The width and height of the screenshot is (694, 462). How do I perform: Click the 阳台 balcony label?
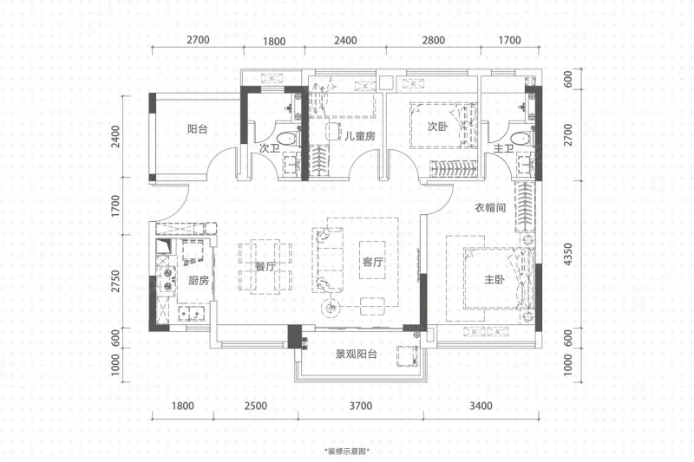pyautogui.click(x=198, y=129)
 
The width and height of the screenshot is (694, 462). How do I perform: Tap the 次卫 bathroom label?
pyautogui.click(x=269, y=148)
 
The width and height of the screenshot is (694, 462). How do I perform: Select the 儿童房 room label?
pyautogui.click(x=360, y=136)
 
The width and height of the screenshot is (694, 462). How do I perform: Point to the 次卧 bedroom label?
pyautogui.click(x=438, y=127)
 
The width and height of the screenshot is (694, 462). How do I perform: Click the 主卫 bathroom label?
pyautogui.click(x=503, y=148)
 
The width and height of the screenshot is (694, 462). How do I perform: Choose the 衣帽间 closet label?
pyautogui.click(x=490, y=207)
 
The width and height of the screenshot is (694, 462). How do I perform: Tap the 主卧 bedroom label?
pyautogui.click(x=494, y=279)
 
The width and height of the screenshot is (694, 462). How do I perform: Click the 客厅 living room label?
pyautogui.click(x=373, y=262)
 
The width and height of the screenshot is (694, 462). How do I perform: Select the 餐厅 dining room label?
pyautogui.click(x=265, y=267)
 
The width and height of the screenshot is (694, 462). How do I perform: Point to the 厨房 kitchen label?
pyautogui.click(x=199, y=280)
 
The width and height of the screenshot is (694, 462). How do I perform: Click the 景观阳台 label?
pyautogui.click(x=357, y=354)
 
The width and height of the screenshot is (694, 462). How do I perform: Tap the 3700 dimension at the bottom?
pyautogui.click(x=361, y=406)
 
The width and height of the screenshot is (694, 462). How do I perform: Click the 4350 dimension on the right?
pyautogui.click(x=568, y=254)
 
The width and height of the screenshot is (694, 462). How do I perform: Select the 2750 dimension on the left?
pyautogui.click(x=116, y=281)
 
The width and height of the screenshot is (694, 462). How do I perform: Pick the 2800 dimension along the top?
pyautogui.click(x=433, y=40)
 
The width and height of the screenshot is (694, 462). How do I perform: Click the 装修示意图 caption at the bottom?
pyautogui.click(x=347, y=452)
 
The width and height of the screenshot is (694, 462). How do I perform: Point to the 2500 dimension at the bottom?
pyautogui.click(x=256, y=406)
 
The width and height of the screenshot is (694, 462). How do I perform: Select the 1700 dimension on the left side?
pyautogui.click(x=116, y=205)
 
